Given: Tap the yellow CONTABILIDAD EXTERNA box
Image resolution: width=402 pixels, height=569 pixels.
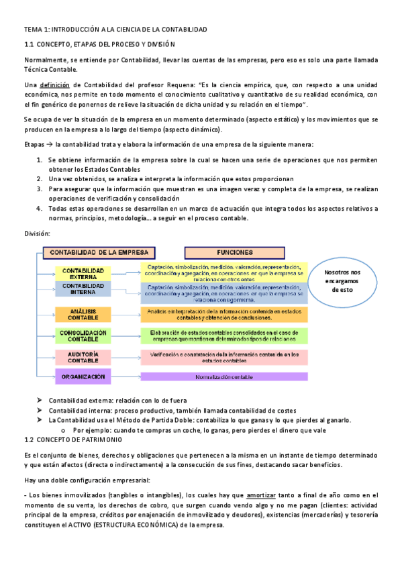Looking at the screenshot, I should click(83, 273).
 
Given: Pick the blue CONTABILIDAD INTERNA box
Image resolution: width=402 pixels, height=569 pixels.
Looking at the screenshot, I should click(83, 289).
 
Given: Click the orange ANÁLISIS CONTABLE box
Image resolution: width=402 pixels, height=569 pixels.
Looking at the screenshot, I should click(83, 314).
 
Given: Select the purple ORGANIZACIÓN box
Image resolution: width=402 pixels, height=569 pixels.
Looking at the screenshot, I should click(83, 377).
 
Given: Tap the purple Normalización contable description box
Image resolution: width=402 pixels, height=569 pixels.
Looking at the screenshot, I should click(224, 377).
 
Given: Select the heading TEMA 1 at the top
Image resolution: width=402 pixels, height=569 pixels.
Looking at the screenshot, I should click(115, 30).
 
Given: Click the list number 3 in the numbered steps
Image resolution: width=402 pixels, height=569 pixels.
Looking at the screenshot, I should click(39, 189).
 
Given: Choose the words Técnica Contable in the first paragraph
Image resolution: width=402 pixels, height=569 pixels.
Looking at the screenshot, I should click(50, 69).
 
